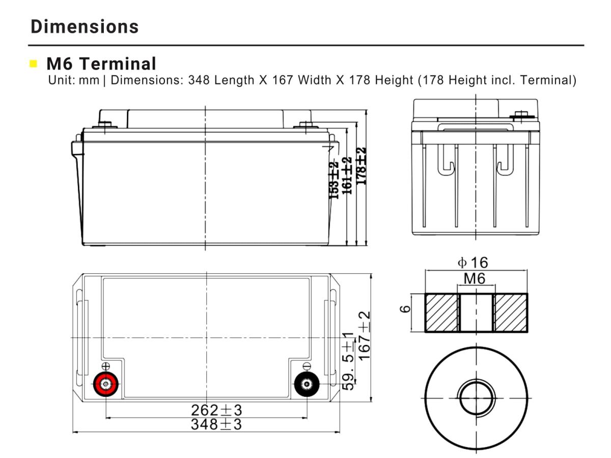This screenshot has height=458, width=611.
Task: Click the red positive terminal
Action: click(x=105, y=384)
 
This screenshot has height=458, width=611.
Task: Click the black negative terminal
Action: click(x=307, y=384)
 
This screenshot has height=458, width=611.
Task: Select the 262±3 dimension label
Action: click(x=216, y=410)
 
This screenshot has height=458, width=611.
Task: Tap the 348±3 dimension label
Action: click(x=216, y=424)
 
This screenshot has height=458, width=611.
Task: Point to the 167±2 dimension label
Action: click(x=364, y=336)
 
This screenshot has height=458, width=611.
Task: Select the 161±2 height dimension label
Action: click(x=348, y=176)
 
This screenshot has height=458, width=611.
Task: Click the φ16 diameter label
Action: click(x=473, y=263)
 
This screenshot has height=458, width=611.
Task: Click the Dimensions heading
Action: click(x=85, y=26)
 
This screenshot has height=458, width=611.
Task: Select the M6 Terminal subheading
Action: click(x=101, y=64)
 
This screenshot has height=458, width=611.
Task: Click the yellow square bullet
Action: click(x=34, y=64)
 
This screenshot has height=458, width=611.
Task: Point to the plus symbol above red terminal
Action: click(x=105, y=366)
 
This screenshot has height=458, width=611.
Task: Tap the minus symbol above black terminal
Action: click(x=307, y=366)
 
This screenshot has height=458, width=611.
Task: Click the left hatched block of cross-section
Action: click(x=441, y=312)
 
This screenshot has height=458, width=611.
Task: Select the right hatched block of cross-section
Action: click(x=511, y=312)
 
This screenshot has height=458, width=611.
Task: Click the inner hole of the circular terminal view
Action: click(x=477, y=397)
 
